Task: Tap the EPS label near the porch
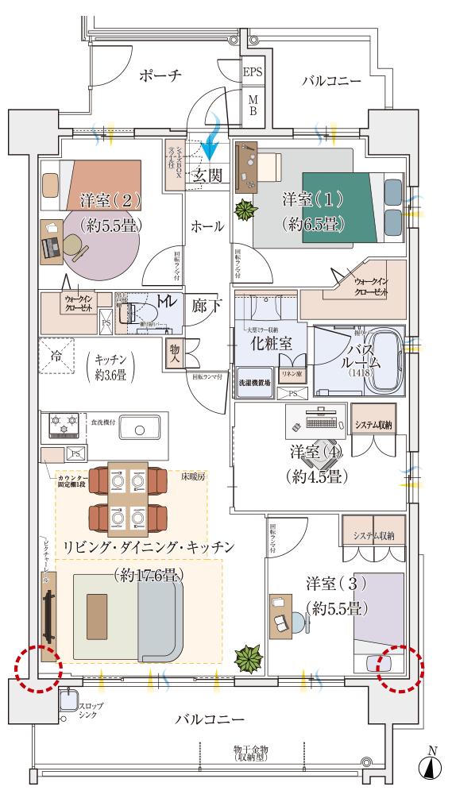click(x=253, y=72)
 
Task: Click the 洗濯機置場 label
click(x=254, y=382)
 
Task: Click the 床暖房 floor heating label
click(x=192, y=478)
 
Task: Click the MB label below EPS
click(x=253, y=105)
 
